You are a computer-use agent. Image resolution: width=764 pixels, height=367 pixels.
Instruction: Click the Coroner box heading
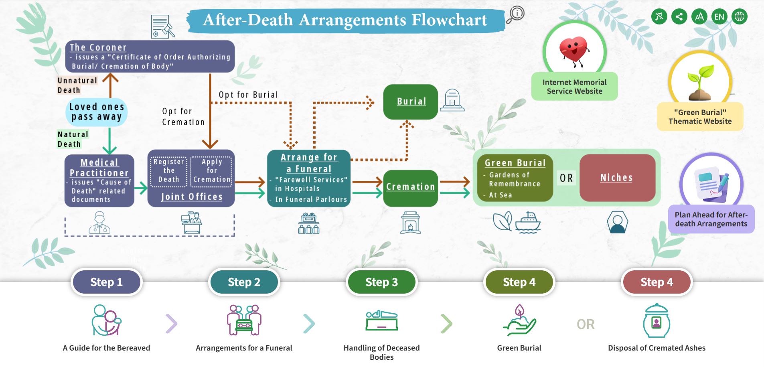point(98,47)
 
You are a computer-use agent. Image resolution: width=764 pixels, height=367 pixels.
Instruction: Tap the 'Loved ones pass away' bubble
point(96,112)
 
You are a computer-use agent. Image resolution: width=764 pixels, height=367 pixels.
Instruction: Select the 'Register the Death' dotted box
point(168,171)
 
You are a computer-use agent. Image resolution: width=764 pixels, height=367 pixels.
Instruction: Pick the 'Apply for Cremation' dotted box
point(212,171)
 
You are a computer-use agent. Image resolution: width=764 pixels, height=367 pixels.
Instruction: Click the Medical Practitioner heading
point(99,168)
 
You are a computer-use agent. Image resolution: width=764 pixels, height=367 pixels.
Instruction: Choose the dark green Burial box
point(411,101)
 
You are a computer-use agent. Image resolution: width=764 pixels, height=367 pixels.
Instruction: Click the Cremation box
point(410,187)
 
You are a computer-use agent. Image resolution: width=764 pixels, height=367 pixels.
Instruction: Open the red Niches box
point(617,178)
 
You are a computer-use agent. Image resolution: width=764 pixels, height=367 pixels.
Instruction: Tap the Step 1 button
point(106,282)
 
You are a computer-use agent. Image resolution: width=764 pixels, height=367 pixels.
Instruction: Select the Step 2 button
point(244,282)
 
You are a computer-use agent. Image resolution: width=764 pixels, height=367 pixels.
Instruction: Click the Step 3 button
point(381,282)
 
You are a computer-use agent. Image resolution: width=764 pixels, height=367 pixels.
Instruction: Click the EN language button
point(719,17)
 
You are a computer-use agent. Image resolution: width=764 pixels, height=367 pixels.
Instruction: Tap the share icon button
point(679,17)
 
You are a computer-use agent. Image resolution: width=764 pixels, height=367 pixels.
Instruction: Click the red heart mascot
point(574,51)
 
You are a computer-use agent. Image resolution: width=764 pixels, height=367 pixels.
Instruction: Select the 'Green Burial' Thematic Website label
point(700,117)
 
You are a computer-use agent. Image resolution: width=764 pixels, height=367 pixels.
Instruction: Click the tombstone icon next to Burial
point(452,100)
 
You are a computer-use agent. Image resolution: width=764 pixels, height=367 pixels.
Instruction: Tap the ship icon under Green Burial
point(528,223)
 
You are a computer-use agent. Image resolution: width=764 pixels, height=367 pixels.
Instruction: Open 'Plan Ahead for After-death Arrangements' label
point(711,219)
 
